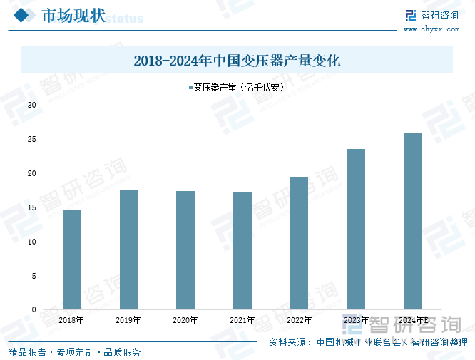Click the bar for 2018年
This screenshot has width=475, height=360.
pos(71,259)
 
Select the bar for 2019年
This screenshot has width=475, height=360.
pos(128,250)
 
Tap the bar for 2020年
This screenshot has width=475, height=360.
pos(185,250)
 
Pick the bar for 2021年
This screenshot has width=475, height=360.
pos(242,250)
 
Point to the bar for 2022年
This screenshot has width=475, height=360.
pos(299,243)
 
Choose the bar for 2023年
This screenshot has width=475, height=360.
pos(356,229)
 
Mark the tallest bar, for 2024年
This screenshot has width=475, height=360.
pos(413,221)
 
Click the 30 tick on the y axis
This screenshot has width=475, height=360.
pos(32,105)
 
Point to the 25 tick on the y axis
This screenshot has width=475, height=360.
pos(32,139)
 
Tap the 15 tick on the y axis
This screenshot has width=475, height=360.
pos(32,207)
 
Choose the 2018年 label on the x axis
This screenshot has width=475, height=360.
pos(71,321)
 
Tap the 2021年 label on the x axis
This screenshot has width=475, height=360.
pos(242,321)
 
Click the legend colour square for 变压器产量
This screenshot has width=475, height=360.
pos(190,88)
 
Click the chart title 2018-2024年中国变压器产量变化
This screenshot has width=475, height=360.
pos(237,61)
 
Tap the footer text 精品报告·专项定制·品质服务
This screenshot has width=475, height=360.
pos(75,351)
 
